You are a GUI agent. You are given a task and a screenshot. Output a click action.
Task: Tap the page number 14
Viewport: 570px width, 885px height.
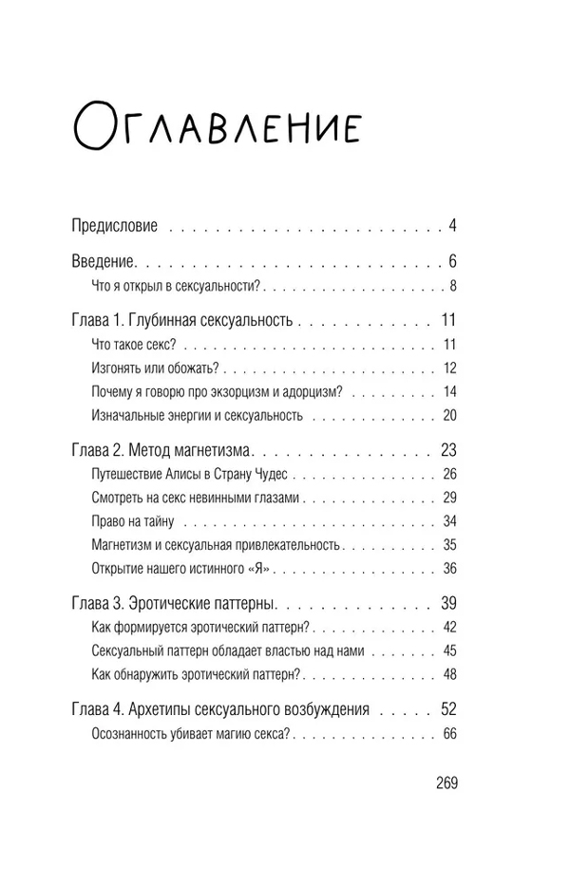(450, 392)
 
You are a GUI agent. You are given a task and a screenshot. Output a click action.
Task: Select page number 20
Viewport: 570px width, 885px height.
(450, 415)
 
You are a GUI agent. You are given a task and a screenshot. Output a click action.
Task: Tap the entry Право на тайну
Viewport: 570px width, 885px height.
(133, 521)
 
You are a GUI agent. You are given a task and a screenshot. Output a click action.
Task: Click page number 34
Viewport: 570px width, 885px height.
(450, 521)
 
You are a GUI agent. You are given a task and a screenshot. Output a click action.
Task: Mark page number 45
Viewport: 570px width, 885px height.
(450, 650)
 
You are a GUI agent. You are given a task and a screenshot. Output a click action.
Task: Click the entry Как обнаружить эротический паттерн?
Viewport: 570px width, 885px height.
(197, 674)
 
